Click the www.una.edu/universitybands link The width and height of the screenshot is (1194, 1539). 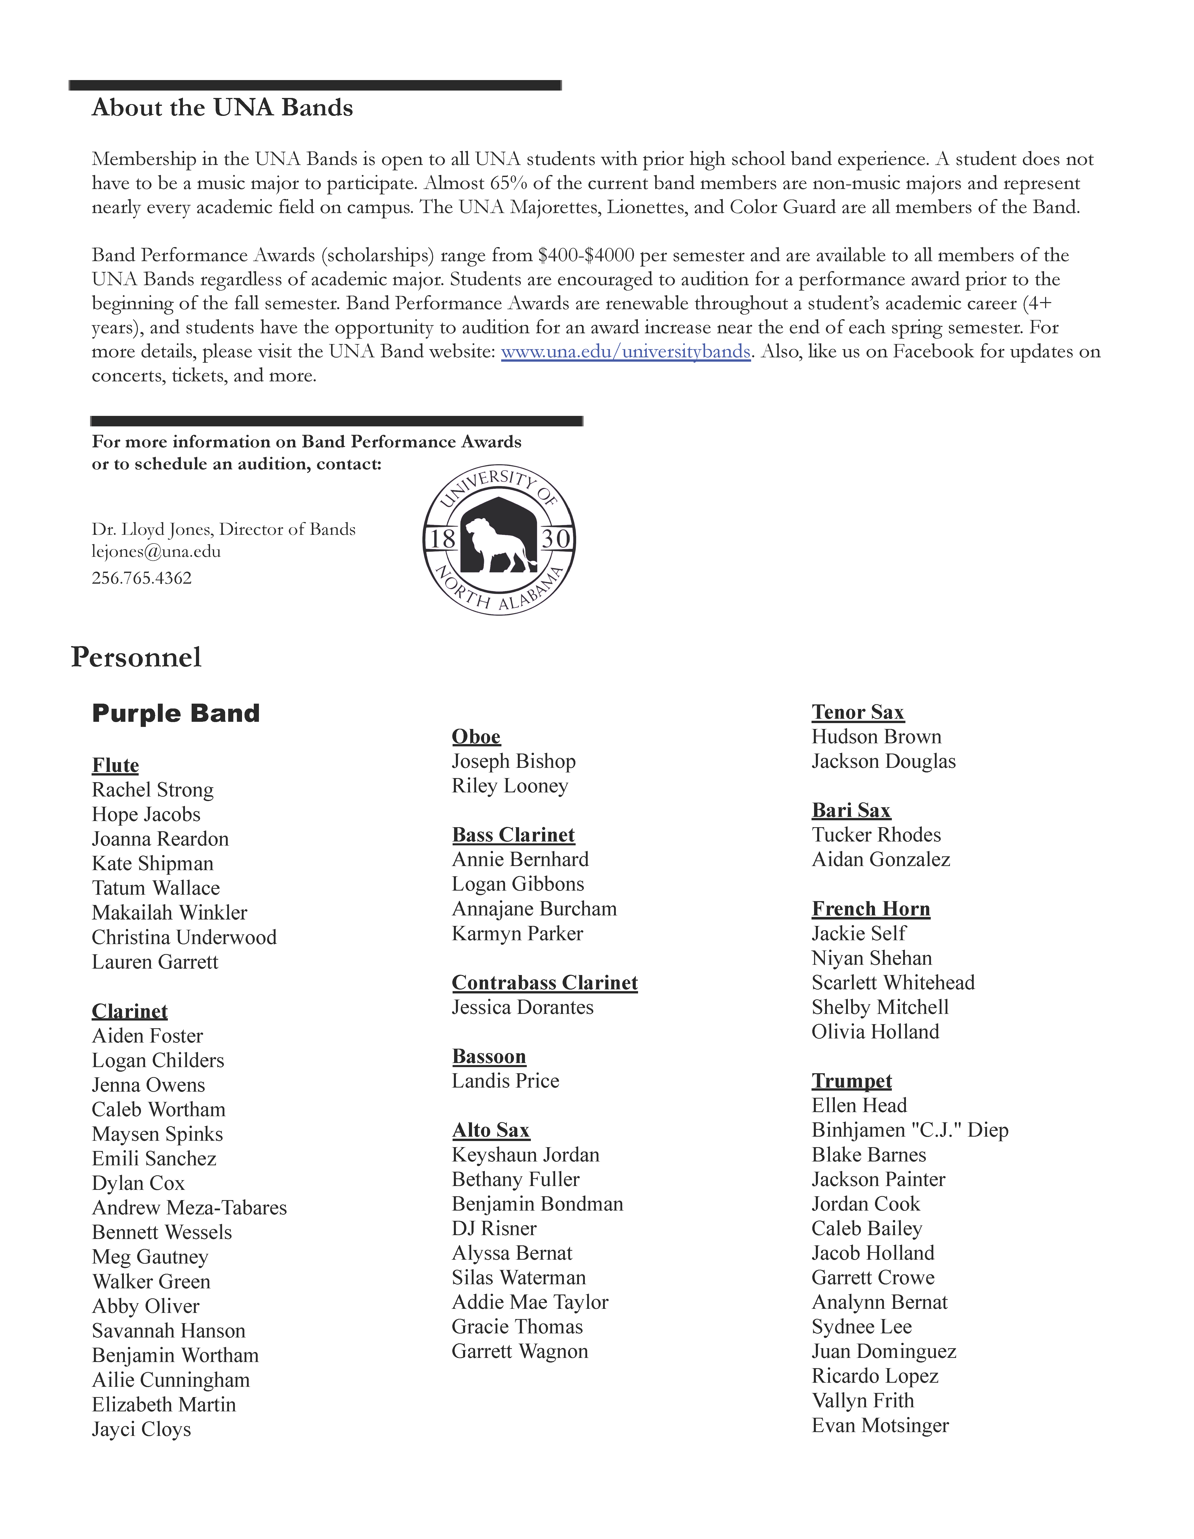point(625,352)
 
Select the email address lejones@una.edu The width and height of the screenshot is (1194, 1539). point(156,552)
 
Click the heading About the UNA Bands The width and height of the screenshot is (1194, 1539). point(222,108)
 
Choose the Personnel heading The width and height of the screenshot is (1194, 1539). point(136,657)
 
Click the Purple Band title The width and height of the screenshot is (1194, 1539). point(176,713)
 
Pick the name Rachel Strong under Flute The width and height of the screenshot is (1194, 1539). point(152,790)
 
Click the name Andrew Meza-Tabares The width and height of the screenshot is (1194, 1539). point(189,1208)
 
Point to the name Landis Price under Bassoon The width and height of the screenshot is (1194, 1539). point(505,1081)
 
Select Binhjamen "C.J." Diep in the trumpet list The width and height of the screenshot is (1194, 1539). point(909,1130)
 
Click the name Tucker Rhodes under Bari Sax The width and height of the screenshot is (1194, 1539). point(876,835)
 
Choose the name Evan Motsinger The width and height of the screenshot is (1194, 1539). point(880,1425)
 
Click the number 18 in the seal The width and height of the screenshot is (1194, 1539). point(443,539)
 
